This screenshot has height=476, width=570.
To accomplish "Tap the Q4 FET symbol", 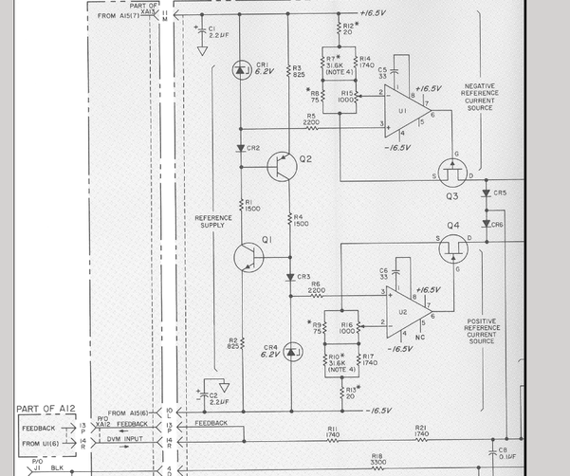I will pyautogui.click(x=450, y=247).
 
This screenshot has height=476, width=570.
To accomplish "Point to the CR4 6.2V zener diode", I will pyautogui.click(x=288, y=351).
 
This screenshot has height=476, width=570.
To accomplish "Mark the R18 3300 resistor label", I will pyautogui.click(x=377, y=458).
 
